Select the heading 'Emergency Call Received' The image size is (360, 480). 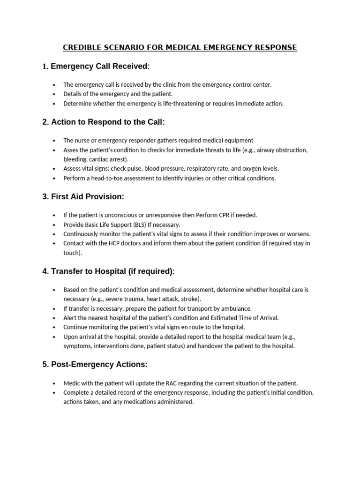(x=100, y=67)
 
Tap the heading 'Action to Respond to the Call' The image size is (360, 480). (x=108, y=122)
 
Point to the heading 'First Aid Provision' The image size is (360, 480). (x=87, y=196)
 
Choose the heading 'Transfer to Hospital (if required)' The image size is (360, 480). (x=112, y=271)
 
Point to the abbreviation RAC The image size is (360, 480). (x=185, y=383)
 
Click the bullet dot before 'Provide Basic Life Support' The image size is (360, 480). (x=54, y=225)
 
